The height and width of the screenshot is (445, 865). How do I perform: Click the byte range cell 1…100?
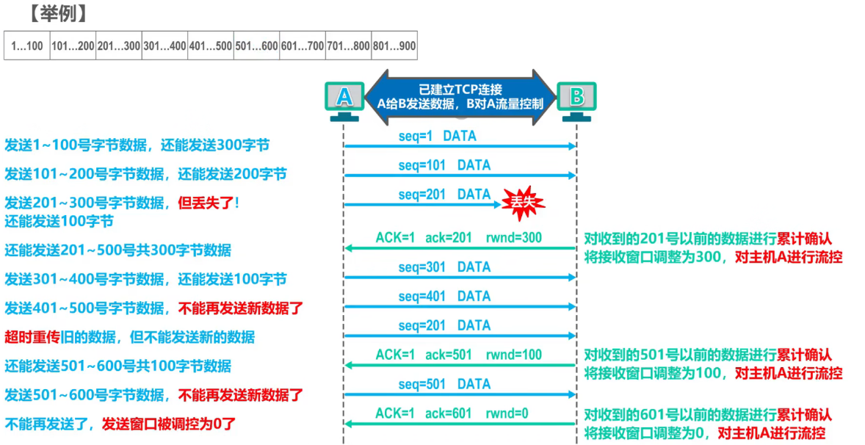pos(27,46)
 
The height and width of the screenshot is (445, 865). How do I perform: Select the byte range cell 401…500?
pos(210,46)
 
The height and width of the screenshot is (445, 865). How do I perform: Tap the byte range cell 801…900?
pos(394,46)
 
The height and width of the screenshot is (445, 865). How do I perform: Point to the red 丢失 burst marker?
pos(524,202)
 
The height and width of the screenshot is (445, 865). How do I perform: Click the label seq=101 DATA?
pos(444,166)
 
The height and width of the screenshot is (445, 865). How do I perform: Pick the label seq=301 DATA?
pos(444,267)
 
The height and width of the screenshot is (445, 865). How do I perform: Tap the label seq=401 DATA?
pos(444,297)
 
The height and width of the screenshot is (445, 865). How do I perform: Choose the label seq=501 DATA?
pos(444,384)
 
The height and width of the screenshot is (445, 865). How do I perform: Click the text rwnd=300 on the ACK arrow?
pos(513,238)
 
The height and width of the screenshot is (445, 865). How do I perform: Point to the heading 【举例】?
pos(54,13)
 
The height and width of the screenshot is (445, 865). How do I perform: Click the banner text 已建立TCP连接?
pos(460,89)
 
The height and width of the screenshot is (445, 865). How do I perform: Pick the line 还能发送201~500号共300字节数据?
pos(117,250)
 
